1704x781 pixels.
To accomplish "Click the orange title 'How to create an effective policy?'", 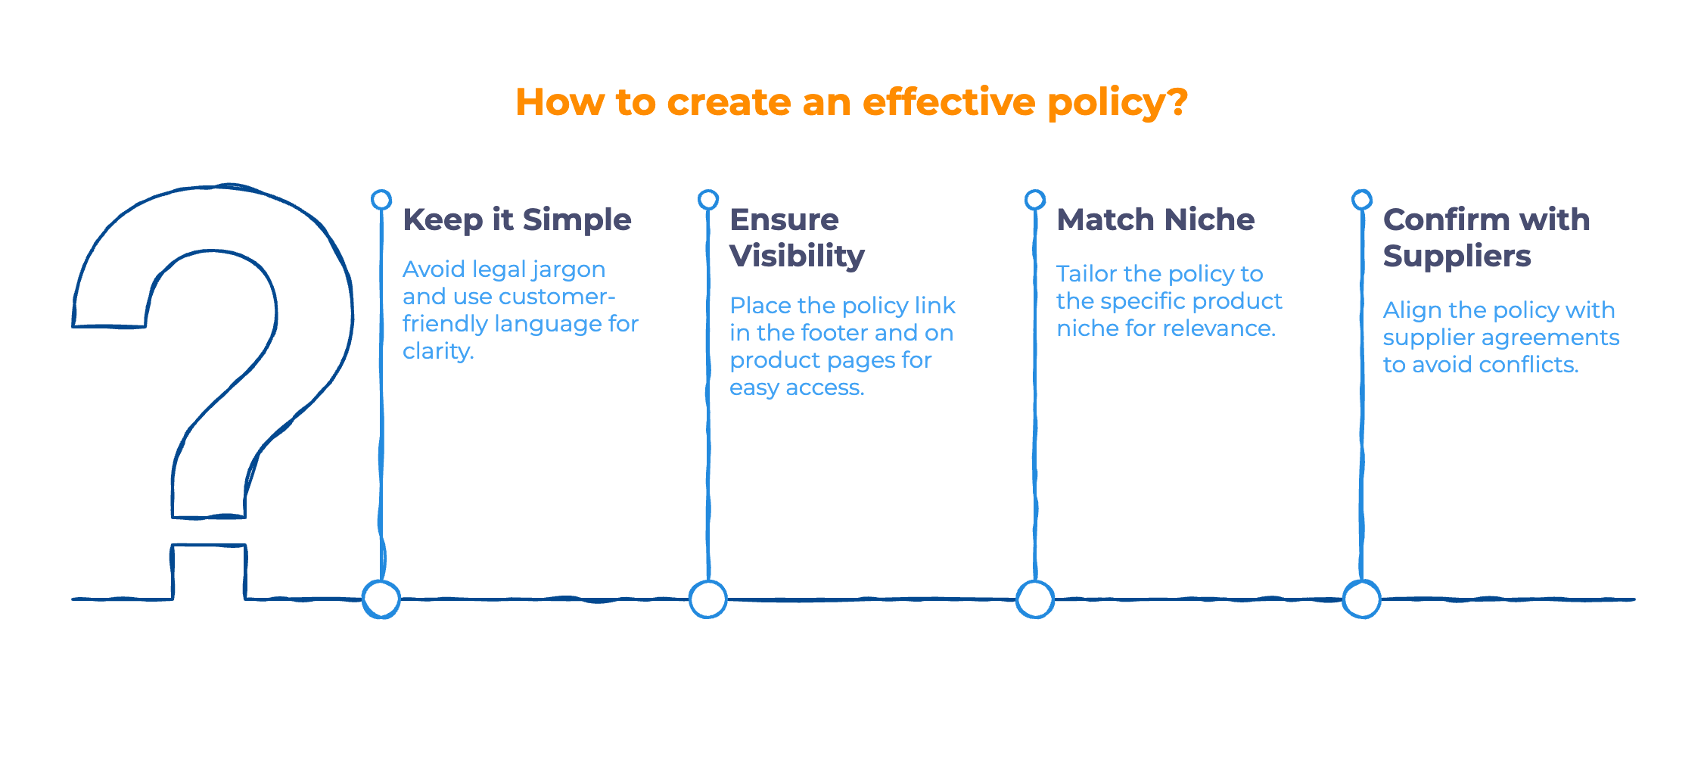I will pos(851,102).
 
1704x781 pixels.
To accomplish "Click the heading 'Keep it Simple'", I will pos(517,220).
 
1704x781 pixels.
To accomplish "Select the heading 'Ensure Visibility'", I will pos(796,238).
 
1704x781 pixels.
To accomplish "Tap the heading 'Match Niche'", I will pos(1155,220).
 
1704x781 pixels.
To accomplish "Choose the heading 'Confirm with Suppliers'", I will pos(1486,238).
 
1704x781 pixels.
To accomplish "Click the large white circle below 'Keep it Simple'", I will pos(381,599).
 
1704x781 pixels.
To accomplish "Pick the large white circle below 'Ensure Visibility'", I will pos(708,599).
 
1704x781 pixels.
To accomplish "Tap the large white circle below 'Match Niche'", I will pos(1035,599).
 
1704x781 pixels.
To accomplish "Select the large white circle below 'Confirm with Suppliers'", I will pos(1362,599).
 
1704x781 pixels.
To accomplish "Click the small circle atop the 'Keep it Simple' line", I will pos(381,200).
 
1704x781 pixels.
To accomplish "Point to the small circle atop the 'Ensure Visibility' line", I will pos(708,200).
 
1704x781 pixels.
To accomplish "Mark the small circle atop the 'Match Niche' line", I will pos(1035,200).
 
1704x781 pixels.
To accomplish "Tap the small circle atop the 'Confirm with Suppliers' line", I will pos(1362,200).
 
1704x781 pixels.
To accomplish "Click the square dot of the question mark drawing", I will pos(210,571).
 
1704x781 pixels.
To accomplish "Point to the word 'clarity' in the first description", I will pos(437,352).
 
